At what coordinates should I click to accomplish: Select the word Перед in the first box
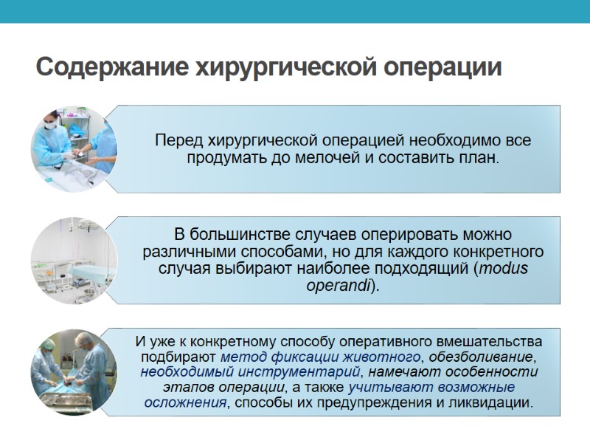(175, 140)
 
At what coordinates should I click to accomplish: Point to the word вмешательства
(494, 342)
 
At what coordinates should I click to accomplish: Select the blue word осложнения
(184, 403)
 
